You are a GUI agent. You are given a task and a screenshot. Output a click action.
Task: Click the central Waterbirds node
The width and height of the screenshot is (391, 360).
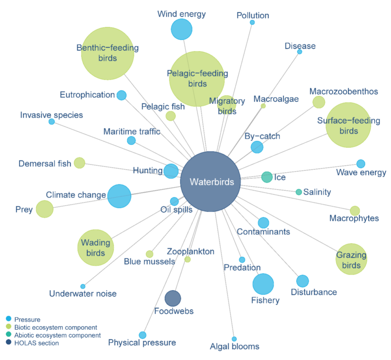pyautogui.click(x=210, y=182)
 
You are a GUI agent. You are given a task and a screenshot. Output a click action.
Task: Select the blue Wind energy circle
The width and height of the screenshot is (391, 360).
pyautogui.click(x=181, y=29)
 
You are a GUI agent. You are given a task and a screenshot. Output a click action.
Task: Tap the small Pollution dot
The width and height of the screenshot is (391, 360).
pyautogui.click(x=252, y=22)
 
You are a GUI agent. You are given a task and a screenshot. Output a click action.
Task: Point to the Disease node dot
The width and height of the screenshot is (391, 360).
pyautogui.click(x=300, y=52)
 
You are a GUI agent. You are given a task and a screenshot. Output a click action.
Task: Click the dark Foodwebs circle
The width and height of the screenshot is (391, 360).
pyautogui.click(x=173, y=298)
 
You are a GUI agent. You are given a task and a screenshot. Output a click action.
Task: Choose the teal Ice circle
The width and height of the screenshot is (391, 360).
pyautogui.click(x=267, y=177)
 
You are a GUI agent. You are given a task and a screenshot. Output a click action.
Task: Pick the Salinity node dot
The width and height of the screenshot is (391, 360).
pyautogui.click(x=299, y=192)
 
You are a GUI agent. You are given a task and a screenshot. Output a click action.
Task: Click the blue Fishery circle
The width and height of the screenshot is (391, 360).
pyautogui.click(x=263, y=284)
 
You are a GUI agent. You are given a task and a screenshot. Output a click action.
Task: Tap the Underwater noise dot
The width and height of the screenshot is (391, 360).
pyautogui.click(x=83, y=287)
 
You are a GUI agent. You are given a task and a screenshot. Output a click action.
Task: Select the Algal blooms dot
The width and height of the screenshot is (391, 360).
pyautogui.click(x=234, y=339)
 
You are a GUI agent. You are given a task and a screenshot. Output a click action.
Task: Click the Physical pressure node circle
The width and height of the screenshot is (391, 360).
pyautogui.click(x=143, y=335)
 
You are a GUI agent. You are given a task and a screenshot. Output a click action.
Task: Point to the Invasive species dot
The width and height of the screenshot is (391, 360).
pyautogui.click(x=51, y=121)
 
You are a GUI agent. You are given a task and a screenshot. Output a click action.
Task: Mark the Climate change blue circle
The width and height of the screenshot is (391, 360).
pyautogui.click(x=119, y=196)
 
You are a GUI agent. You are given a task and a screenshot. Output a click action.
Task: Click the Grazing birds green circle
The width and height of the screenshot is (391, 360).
pyautogui.click(x=351, y=259)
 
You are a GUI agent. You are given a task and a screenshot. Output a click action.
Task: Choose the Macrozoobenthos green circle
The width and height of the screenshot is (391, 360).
pyautogui.click(x=319, y=102)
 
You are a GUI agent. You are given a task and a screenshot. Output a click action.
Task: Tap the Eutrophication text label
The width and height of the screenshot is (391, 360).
pyautogui.click(x=87, y=95)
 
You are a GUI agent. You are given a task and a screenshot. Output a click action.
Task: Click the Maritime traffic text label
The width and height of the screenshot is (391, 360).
pyautogui.click(x=132, y=132)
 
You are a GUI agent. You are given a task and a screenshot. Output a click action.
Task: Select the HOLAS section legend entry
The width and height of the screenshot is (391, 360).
pyautogui.click(x=37, y=343)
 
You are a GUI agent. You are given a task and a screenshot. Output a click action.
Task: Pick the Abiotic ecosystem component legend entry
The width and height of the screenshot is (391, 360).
pyautogui.click(x=57, y=336)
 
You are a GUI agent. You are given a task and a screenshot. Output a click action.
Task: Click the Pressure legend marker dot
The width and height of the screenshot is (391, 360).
pyautogui.click(x=8, y=319)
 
